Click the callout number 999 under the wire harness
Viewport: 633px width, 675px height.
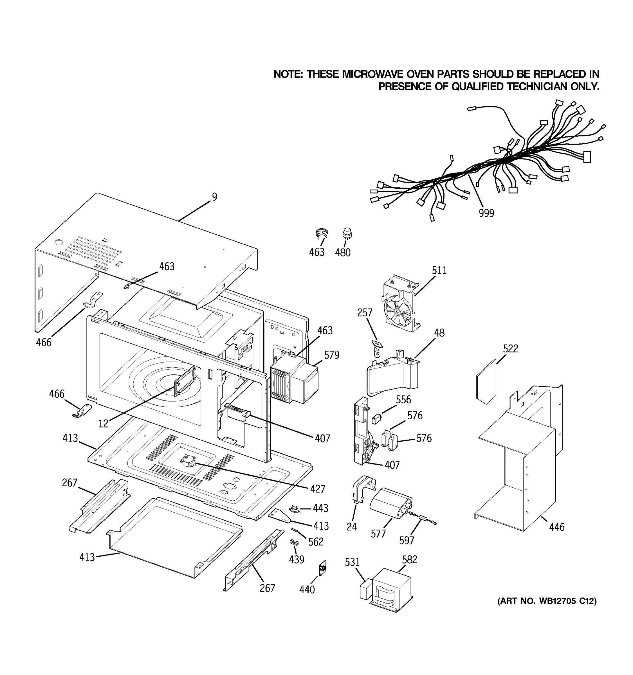486,213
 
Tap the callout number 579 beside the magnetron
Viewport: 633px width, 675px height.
331,355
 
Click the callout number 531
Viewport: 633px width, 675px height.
352,562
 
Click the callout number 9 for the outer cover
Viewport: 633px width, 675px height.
214,197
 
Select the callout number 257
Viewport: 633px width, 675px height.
364,313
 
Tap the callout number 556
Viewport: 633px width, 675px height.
403,400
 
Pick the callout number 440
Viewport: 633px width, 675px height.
307,589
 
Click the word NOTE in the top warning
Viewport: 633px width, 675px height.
288,74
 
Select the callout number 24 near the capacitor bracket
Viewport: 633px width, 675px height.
351,526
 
